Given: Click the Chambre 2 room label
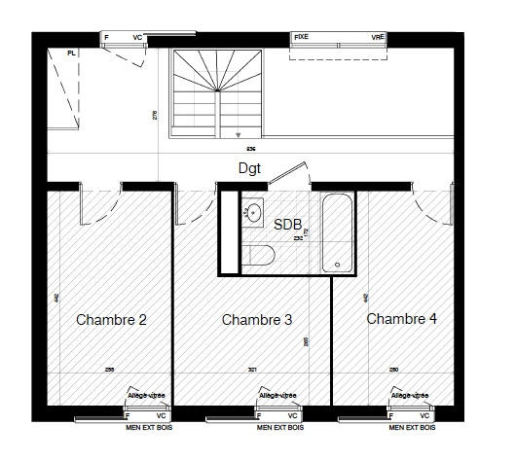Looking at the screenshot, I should [x=111, y=319].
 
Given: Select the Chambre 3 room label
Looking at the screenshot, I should [x=257, y=319].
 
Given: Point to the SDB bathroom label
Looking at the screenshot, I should [x=288, y=223].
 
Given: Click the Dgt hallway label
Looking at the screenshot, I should [x=250, y=167].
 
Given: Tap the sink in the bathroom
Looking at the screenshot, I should [x=254, y=213].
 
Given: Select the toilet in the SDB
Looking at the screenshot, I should [x=260, y=255].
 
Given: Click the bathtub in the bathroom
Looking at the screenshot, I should [x=339, y=233].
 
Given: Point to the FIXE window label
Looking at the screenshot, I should [x=302, y=37].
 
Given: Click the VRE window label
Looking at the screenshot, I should [x=377, y=37].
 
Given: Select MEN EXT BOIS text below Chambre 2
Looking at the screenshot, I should [x=149, y=428].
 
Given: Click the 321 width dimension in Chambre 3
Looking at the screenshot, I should [x=252, y=371].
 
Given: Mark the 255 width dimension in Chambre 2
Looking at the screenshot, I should [x=110, y=371].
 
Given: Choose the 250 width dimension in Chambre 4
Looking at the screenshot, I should [x=393, y=371].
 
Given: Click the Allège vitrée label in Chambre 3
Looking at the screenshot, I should [x=277, y=396].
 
